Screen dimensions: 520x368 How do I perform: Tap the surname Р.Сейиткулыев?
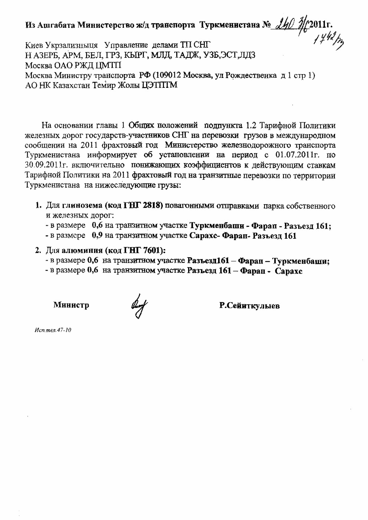click(x=249, y=306)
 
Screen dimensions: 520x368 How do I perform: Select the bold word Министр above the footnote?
click(x=71, y=305)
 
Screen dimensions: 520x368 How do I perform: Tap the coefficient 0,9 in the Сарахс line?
click(x=97, y=236)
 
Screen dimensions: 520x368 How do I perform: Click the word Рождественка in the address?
click(x=253, y=76)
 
